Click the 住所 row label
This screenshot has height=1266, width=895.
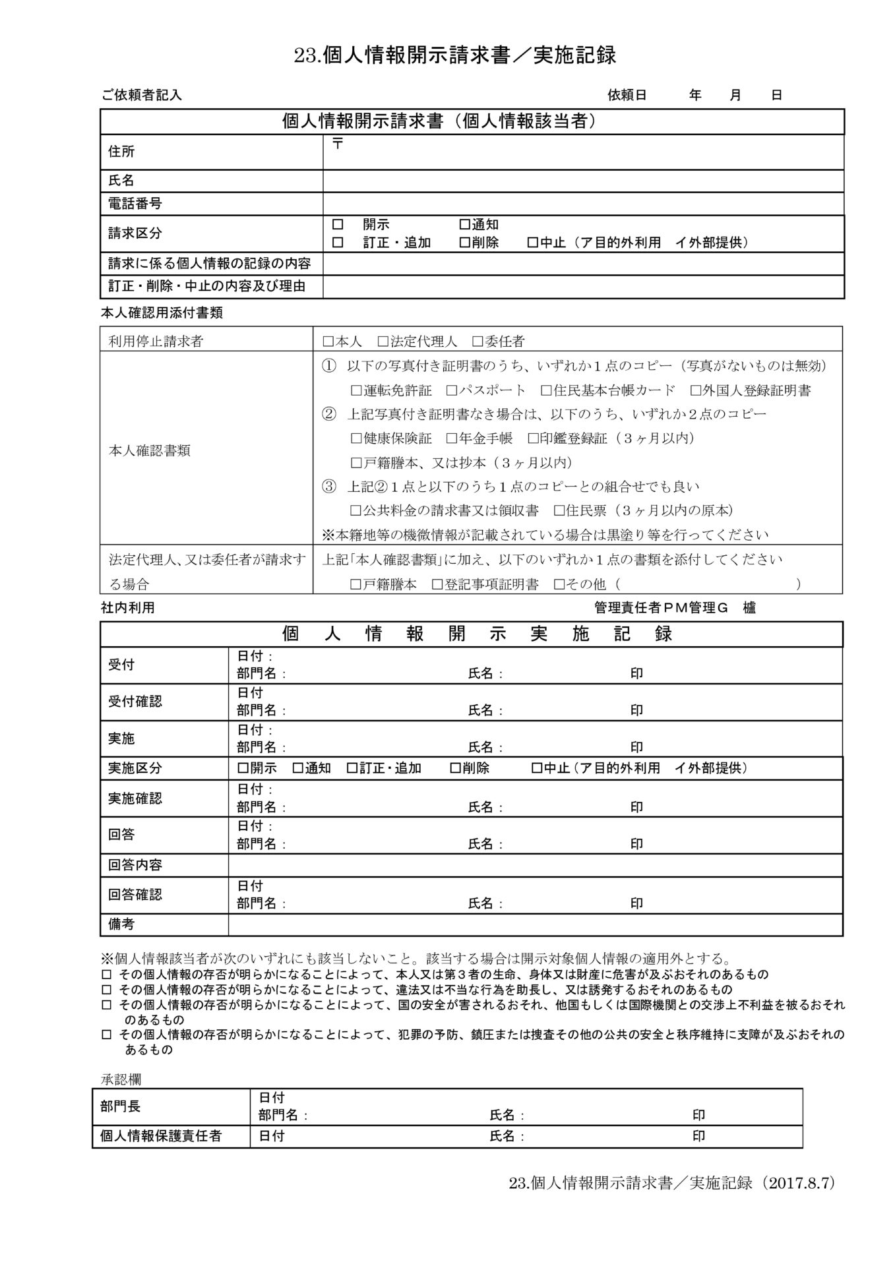tap(121, 152)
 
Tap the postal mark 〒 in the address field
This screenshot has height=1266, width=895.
tap(337, 144)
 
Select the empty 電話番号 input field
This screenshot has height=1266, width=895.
tap(583, 203)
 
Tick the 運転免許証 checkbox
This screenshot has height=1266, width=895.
tap(357, 390)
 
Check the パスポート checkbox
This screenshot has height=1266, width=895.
tap(452, 390)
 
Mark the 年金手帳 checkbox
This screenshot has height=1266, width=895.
tap(452, 438)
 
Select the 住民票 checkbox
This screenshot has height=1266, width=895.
tap(560, 510)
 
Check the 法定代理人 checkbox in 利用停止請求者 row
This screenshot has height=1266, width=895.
tap(383, 342)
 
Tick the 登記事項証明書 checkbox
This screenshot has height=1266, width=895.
tap(437, 584)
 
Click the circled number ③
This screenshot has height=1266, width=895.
tap(328, 487)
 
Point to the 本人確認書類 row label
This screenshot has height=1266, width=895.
tap(149, 451)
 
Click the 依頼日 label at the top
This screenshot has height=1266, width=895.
tap(627, 95)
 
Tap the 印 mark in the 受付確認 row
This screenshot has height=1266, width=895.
tap(636, 710)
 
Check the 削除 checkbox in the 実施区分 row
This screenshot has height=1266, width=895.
tap(455, 768)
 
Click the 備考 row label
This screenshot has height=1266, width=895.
tap(121, 924)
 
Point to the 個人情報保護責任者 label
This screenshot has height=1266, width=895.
tap(161, 1135)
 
